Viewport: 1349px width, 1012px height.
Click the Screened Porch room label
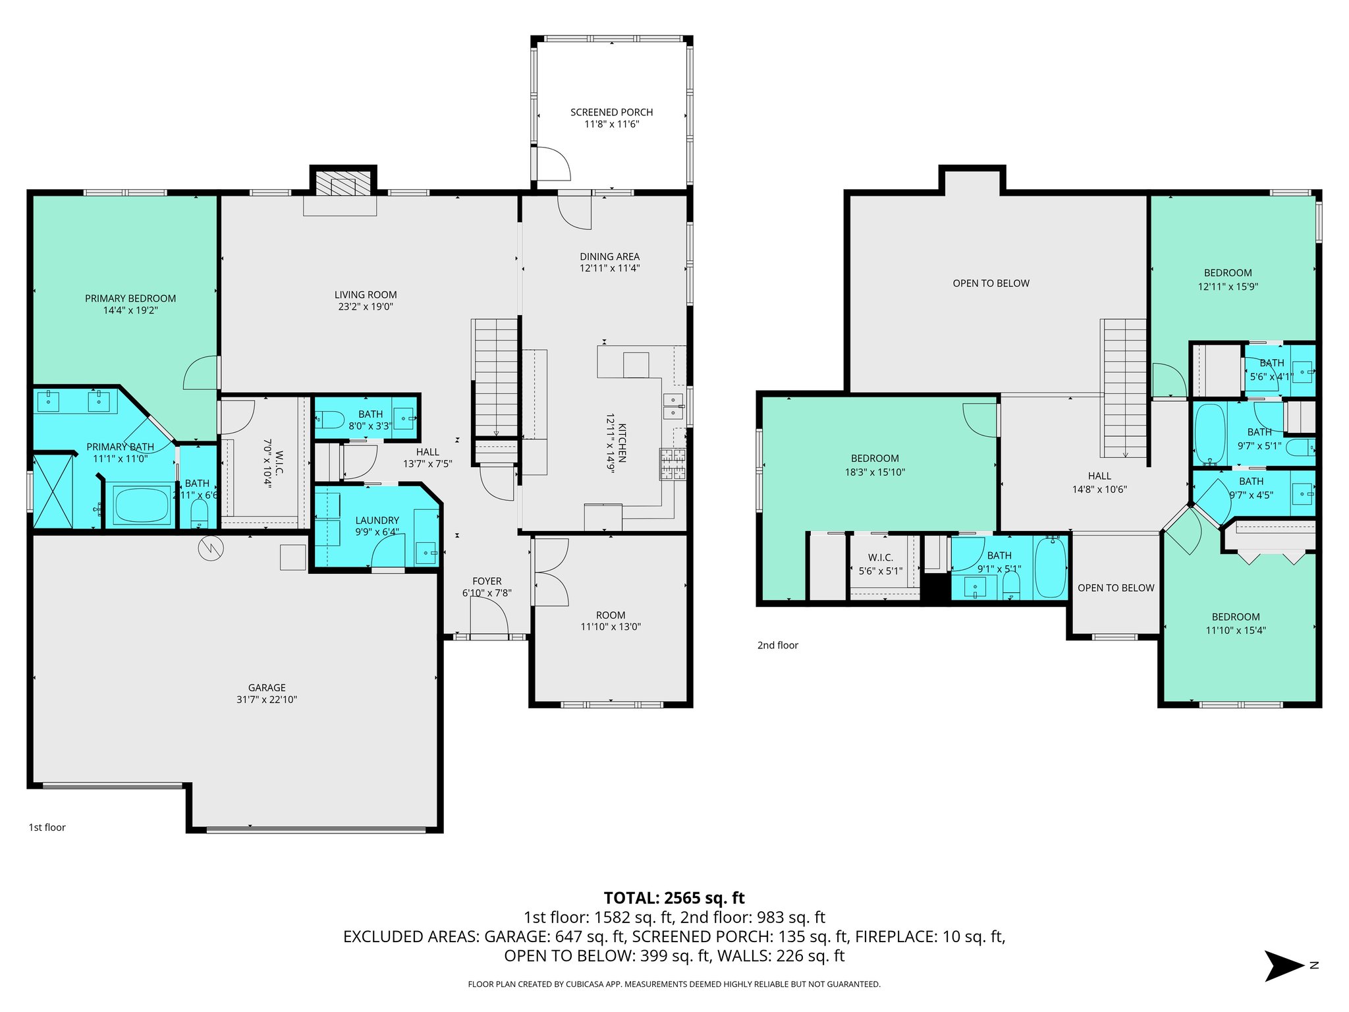[x=611, y=113]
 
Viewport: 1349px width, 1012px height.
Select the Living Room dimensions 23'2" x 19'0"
[x=365, y=306]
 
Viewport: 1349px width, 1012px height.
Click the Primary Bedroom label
[x=130, y=298]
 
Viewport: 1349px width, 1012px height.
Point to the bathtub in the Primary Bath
[x=142, y=505]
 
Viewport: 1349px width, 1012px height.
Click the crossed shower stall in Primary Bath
[x=53, y=491]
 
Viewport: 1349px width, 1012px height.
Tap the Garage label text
[x=267, y=687]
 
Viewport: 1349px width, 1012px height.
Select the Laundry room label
[x=377, y=520]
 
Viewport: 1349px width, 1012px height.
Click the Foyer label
[x=487, y=581]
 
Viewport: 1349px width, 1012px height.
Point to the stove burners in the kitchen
[x=673, y=464]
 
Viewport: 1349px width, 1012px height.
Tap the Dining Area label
[x=609, y=256]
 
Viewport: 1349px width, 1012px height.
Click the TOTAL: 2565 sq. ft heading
[x=674, y=898]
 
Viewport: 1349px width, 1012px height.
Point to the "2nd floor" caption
[x=777, y=645]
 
